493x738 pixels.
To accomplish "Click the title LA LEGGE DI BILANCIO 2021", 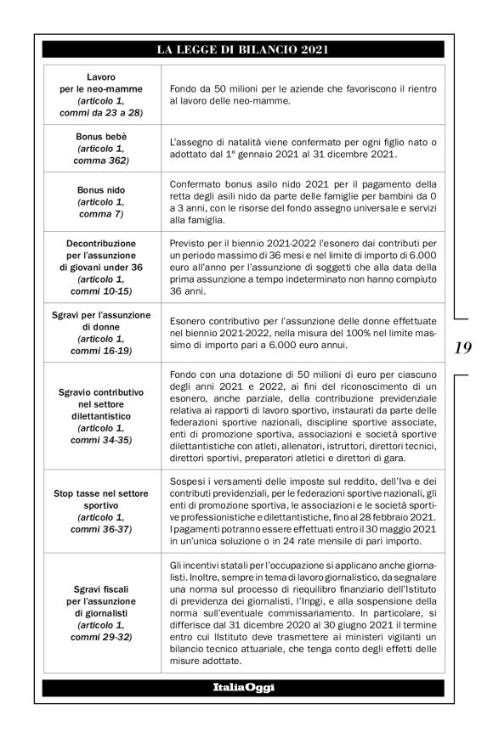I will [243, 50].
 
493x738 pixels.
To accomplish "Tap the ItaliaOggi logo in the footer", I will [243, 686].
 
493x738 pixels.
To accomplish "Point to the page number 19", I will [463, 346].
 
